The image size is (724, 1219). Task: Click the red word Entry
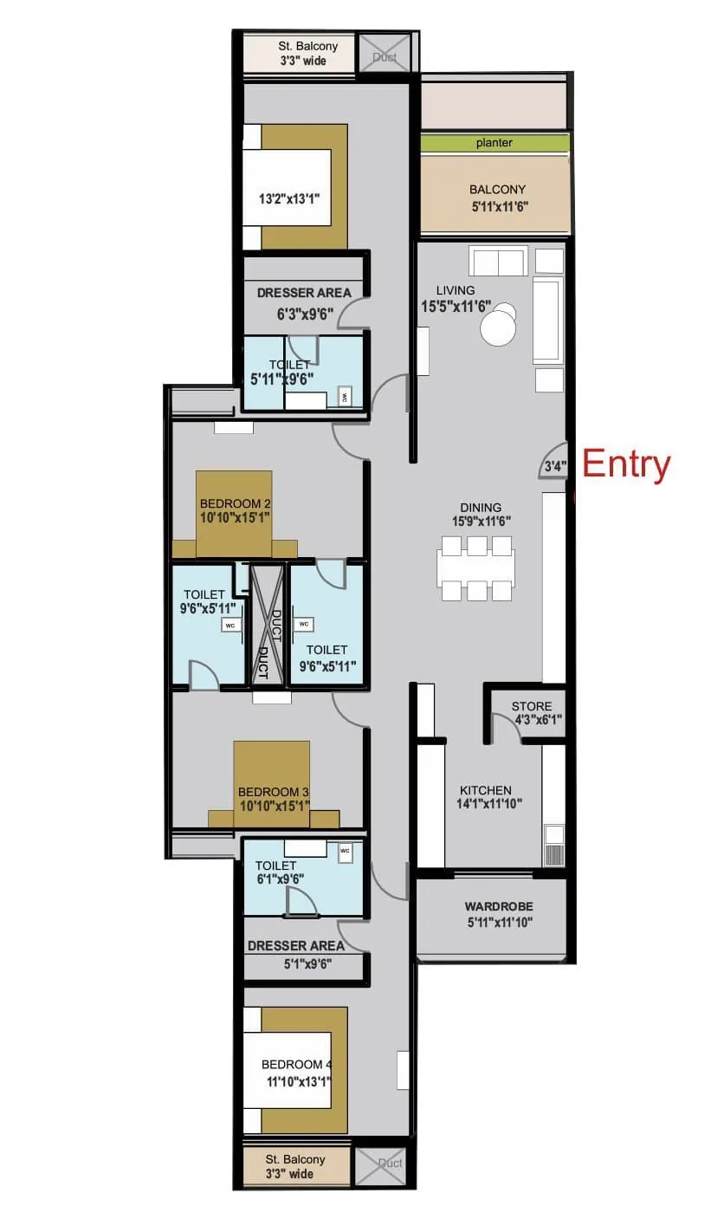pyautogui.click(x=626, y=465)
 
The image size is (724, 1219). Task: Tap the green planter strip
pyautogui.click(x=495, y=144)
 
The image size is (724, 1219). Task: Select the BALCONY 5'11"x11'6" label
pyautogui.click(x=497, y=198)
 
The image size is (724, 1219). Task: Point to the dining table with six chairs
pyautogui.click(x=476, y=568)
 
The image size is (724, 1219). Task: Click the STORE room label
pyautogui.click(x=531, y=712)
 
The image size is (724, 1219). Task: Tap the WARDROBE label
pyautogui.click(x=498, y=914)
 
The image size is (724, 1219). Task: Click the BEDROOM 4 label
pyautogui.click(x=297, y=1073)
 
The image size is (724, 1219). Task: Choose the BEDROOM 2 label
pyautogui.click(x=236, y=510)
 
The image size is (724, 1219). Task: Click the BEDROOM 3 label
pyautogui.click(x=274, y=799)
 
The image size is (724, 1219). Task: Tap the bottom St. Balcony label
pyautogui.click(x=295, y=1166)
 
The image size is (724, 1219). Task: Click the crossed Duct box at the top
pyautogui.click(x=385, y=54)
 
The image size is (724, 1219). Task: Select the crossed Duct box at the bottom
pyautogui.click(x=379, y=1166)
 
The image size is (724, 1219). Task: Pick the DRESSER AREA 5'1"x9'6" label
pyautogui.click(x=295, y=954)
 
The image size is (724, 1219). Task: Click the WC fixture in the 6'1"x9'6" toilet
pyautogui.click(x=346, y=851)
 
